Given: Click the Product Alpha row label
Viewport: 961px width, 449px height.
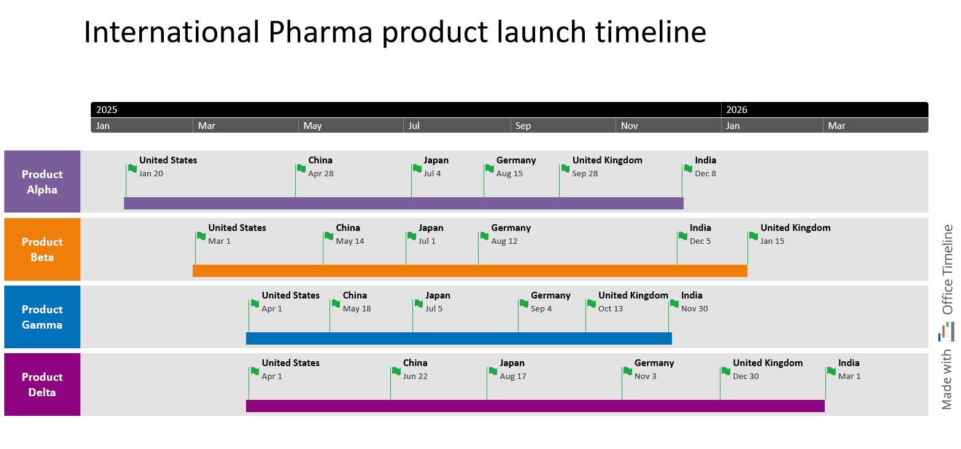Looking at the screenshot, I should [x=42, y=182].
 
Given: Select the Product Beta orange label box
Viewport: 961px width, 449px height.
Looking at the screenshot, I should [x=42, y=249].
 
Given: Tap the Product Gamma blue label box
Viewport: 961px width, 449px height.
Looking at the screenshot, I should [x=42, y=317].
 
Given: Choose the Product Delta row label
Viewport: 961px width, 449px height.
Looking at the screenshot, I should [x=42, y=385].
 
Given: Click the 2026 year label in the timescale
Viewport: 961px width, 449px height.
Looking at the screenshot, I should [x=736, y=110].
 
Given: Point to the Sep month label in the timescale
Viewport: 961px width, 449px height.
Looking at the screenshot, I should [x=523, y=126].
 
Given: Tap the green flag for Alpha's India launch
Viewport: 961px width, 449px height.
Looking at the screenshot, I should [x=688, y=168].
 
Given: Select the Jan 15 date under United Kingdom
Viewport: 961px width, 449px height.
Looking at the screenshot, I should [x=772, y=241].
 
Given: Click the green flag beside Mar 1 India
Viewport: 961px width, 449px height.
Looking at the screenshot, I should [x=832, y=371].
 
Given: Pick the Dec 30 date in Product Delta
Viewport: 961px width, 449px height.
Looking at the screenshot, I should [x=746, y=377].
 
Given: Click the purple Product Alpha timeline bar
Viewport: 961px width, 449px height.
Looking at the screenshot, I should [x=403, y=203].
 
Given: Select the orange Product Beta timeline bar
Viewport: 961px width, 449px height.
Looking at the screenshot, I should [x=469, y=271].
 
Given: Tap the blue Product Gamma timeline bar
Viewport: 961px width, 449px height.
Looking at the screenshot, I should [x=458, y=338].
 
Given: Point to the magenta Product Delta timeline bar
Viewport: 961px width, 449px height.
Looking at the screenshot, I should [x=535, y=406].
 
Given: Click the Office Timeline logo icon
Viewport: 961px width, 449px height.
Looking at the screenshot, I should [x=946, y=332].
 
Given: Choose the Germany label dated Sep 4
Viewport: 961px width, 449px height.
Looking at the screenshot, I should [x=550, y=295].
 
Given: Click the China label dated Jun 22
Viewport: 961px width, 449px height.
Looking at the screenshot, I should [x=415, y=363].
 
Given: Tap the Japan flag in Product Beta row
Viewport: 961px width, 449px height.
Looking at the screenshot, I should [x=412, y=236].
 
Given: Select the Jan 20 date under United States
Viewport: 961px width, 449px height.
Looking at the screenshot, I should [x=151, y=174].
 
